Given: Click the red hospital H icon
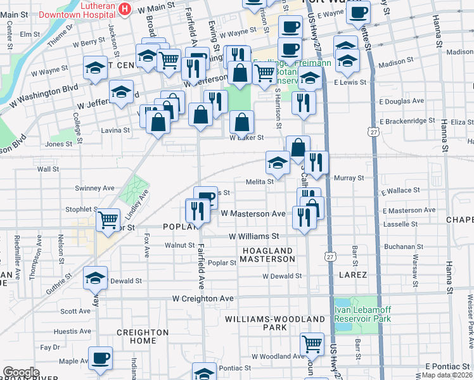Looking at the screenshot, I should click(x=125, y=9).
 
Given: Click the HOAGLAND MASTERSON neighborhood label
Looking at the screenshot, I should click(x=267, y=255).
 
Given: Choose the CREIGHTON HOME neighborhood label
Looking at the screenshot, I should click(x=143, y=336).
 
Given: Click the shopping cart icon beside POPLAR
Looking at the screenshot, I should click(x=108, y=220).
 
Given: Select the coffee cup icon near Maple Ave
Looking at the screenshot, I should click(x=100, y=358).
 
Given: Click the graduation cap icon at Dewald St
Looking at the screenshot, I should click(x=96, y=277).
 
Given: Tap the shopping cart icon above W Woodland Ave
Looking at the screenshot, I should click(x=312, y=344).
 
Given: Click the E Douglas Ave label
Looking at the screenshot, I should click(x=401, y=101).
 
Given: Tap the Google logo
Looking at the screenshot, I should click(x=21, y=372).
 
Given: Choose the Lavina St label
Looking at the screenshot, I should click(x=114, y=130).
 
